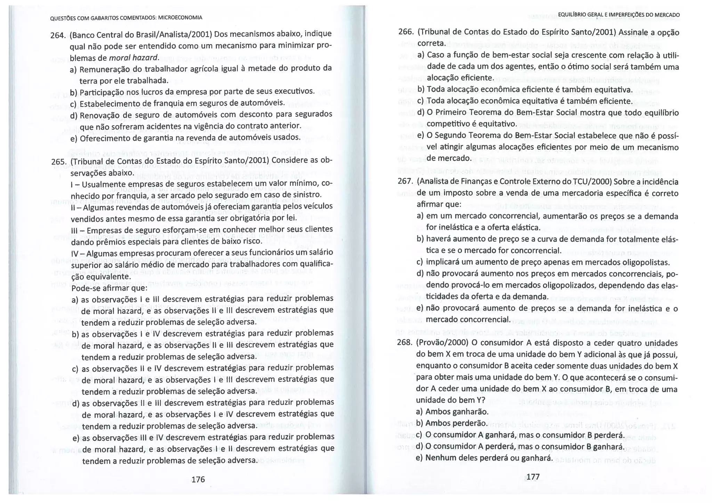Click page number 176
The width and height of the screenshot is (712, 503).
pos(198,480)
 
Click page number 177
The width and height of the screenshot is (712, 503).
pos(533,477)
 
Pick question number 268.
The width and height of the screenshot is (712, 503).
pos(404,343)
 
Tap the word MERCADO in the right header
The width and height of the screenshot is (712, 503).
pos(667,15)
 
